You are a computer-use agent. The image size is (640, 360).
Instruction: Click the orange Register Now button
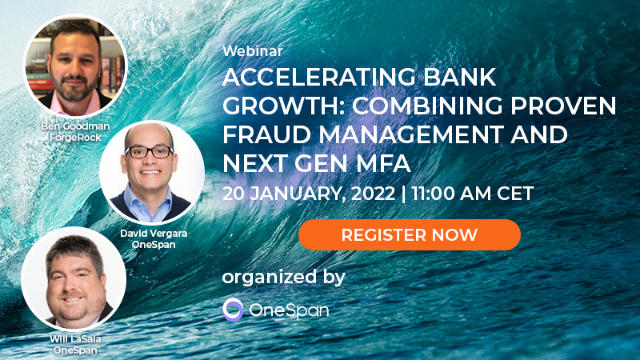pyautogui.click(x=410, y=234)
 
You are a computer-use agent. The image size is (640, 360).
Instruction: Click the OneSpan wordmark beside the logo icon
pyautogui.click(x=289, y=310)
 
